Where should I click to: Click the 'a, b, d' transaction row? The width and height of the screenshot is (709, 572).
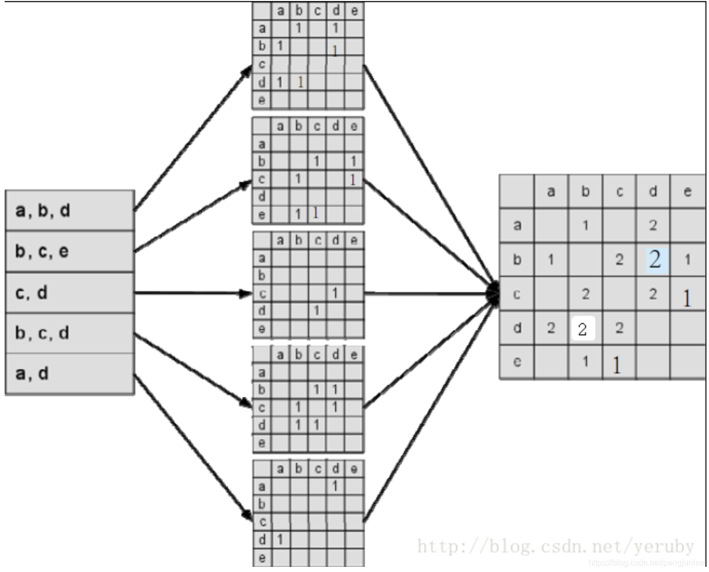tap(70, 210)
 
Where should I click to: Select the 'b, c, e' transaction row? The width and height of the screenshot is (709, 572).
tap(70, 252)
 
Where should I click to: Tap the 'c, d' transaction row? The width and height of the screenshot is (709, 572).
tap(70, 293)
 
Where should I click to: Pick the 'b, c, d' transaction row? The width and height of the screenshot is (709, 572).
tap(70, 333)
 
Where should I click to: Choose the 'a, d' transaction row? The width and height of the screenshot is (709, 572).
tap(70, 374)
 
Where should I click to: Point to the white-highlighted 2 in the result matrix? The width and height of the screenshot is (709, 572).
tap(582, 329)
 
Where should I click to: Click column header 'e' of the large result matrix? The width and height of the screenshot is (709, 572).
tap(687, 192)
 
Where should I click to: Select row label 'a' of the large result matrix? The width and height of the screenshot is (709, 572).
tap(517, 225)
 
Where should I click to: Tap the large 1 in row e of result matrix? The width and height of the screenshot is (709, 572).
tap(617, 365)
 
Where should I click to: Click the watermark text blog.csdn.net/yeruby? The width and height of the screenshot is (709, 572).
tap(556, 546)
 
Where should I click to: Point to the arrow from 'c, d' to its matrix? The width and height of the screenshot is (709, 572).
tap(193, 293)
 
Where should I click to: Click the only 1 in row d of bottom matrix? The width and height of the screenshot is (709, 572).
tap(280, 540)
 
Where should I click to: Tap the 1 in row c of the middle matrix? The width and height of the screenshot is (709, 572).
tap(335, 293)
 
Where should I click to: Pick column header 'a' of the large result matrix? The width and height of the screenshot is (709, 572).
tap(551, 192)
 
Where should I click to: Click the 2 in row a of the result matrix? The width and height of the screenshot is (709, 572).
tap(653, 225)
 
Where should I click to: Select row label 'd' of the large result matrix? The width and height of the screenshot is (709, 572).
tap(517, 328)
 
